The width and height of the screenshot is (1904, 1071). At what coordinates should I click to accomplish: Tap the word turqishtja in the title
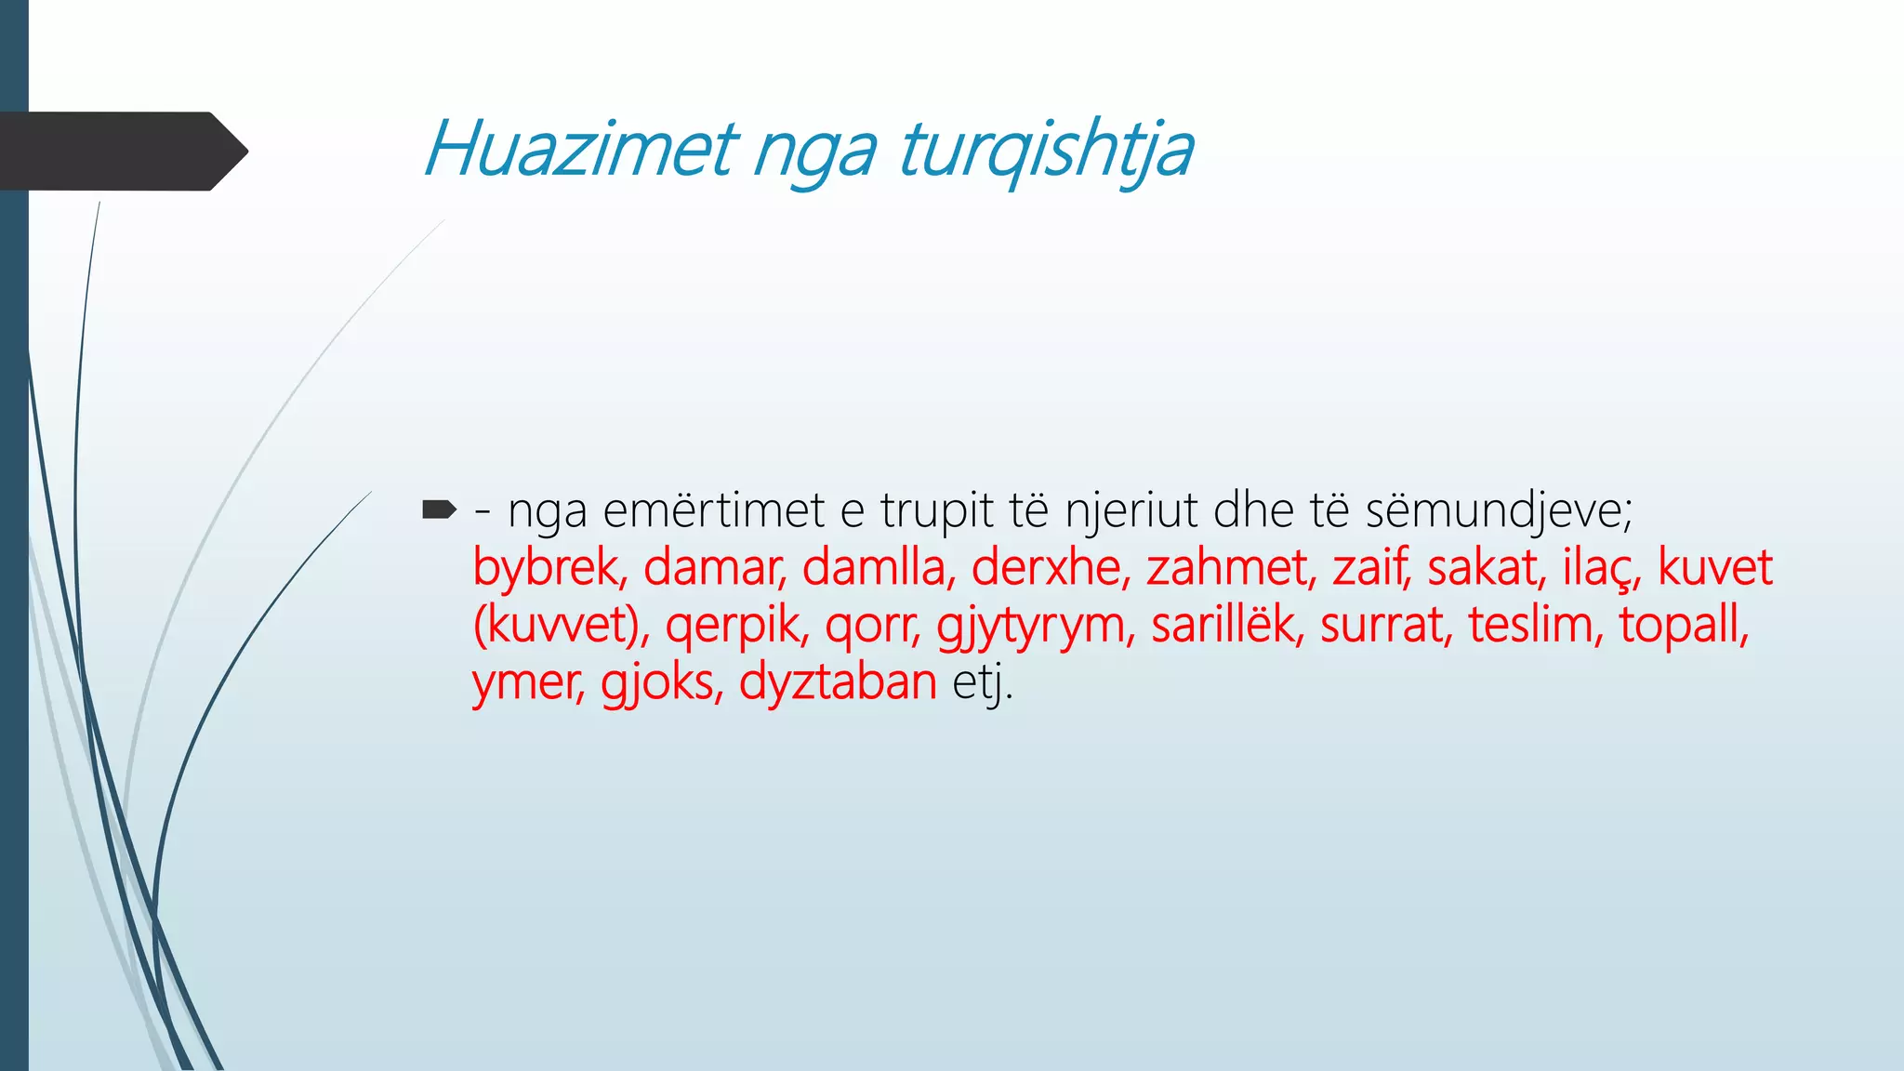pyautogui.click(x=1045, y=151)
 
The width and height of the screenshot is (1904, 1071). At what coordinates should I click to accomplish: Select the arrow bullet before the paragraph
pyautogui.click(x=439, y=509)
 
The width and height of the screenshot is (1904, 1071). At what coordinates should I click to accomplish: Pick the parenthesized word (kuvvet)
pyautogui.click(x=562, y=625)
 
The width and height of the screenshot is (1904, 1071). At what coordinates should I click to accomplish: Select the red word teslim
pyautogui.click(x=1535, y=625)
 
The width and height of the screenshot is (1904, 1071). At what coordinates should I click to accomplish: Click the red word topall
pyautogui.click(x=1683, y=625)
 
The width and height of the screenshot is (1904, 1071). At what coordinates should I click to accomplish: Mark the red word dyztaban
pyautogui.click(x=837, y=682)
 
